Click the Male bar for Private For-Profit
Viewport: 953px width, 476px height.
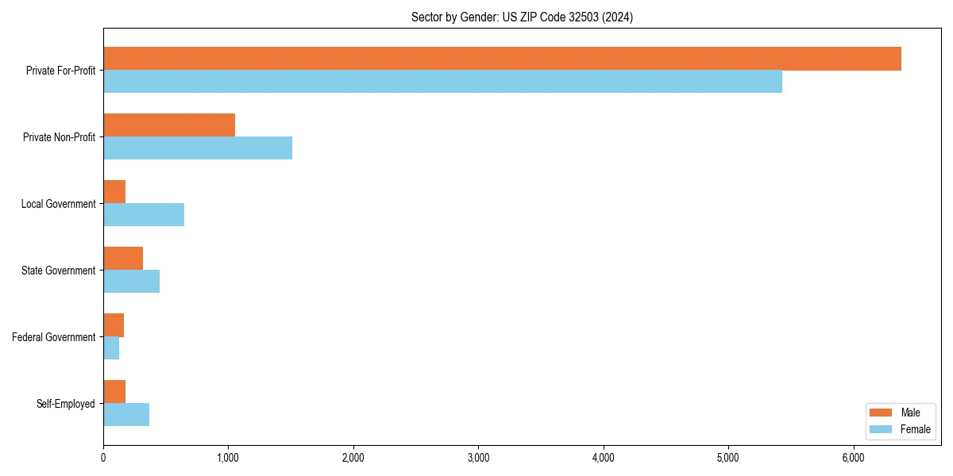click(x=502, y=59)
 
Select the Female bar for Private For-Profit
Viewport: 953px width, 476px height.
click(x=442, y=81)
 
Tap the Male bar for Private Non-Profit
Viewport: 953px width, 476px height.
click(x=169, y=125)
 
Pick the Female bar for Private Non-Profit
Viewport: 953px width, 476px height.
click(x=198, y=148)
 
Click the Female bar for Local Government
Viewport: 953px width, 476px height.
click(x=144, y=214)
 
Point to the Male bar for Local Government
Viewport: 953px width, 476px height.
click(x=114, y=192)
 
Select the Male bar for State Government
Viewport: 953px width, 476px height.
click(x=123, y=259)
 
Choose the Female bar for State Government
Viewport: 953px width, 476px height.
click(x=132, y=281)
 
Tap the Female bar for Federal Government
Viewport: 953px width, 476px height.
click(x=111, y=347)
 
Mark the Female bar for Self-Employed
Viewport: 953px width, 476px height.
click(x=126, y=414)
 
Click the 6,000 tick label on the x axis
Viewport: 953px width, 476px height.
click(x=853, y=458)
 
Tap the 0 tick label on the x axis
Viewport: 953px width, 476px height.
click(x=103, y=458)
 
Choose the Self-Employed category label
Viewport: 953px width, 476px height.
click(x=65, y=404)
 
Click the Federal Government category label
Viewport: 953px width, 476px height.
click(x=54, y=337)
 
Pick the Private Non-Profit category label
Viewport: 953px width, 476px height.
click(x=59, y=137)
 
